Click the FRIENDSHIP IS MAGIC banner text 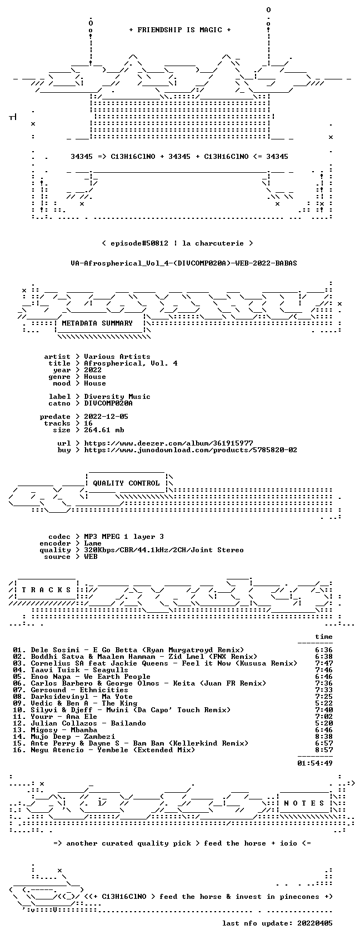(x=179, y=30)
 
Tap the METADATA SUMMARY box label (x=97, y=323)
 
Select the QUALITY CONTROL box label (x=126, y=483)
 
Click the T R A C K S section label (x=46, y=589)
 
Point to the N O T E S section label (x=304, y=803)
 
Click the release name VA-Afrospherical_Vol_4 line (x=184, y=263)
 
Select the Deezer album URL (x=169, y=443)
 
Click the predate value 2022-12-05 (x=106, y=416)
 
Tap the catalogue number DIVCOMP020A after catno (x=108, y=403)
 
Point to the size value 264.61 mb (x=104, y=429)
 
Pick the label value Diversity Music (x=117, y=396)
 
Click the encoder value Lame (x=93, y=543)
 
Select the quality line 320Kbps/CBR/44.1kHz (x=164, y=550)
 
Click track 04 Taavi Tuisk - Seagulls (x=71, y=670)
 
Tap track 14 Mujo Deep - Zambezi (x=64, y=737)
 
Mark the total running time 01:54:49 (x=314, y=763)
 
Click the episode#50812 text (x=139, y=243)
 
